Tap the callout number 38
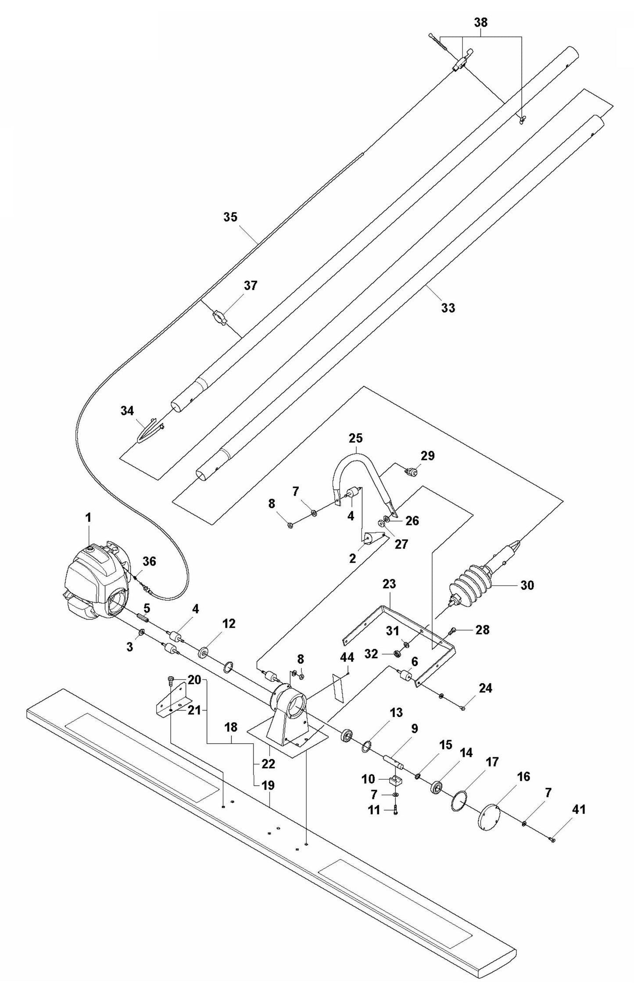pyautogui.click(x=481, y=22)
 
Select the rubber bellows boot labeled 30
pyautogui.click(x=469, y=583)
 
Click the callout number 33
pyautogui.click(x=448, y=308)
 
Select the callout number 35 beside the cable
pyautogui.click(x=230, y=217)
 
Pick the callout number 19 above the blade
pyautogui.click(x=268, y=785)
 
